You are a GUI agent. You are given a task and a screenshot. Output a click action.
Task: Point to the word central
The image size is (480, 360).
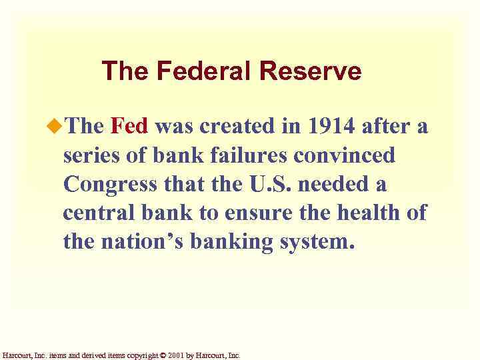pos(95,214)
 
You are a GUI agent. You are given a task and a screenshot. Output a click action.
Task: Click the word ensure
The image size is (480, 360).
pos(246,214)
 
